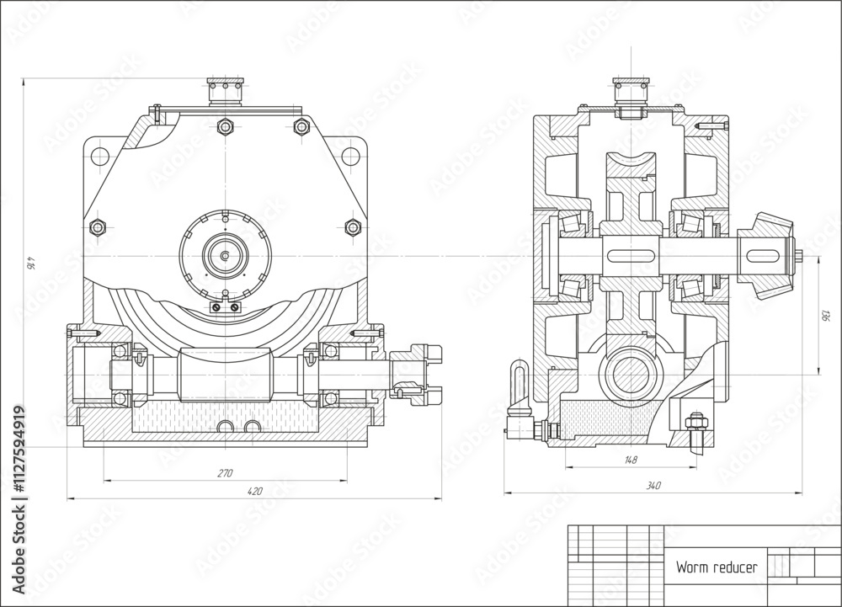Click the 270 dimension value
pos(225,473)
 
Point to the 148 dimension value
pos(631,460)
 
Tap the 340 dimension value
pos(653,485)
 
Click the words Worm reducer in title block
pos(716,567)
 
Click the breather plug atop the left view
pos(225,90)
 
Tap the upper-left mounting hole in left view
pos(99,155)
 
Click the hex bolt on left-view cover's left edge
pos(97,226)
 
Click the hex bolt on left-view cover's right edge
pos(353,226)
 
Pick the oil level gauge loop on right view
pos(519,379)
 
